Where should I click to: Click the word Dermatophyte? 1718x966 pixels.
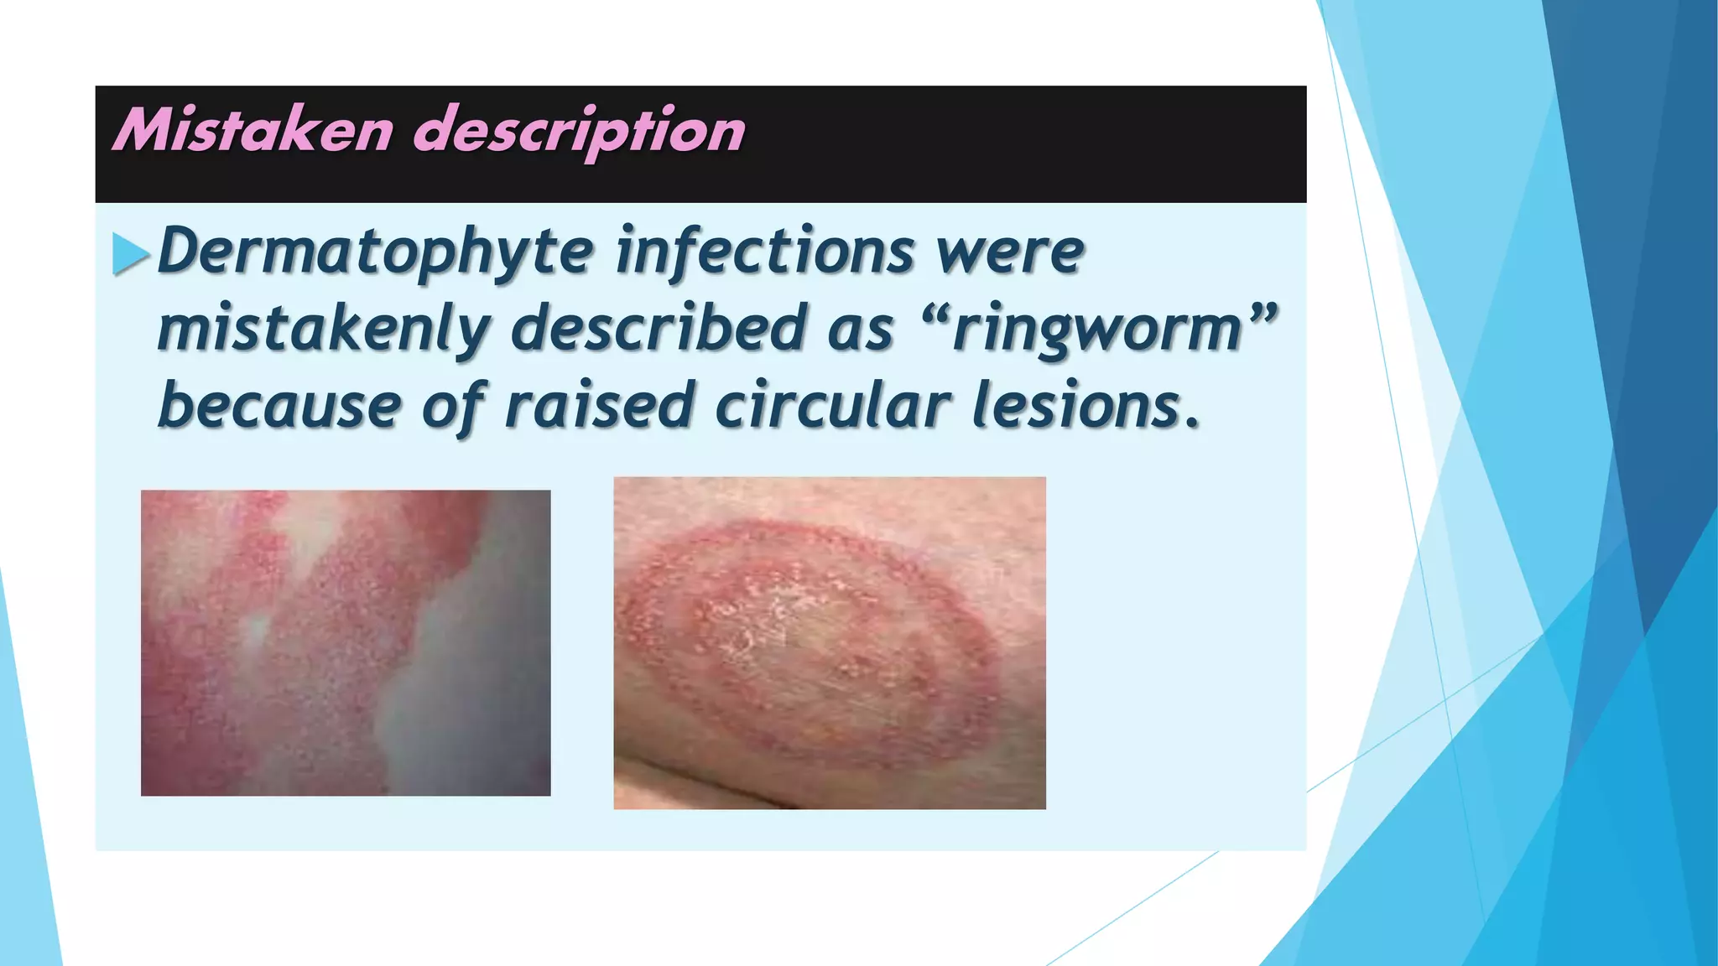(x=375, y=252)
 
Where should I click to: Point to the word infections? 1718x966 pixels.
(x=764, y=252)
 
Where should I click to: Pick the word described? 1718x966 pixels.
(x=659, y=328)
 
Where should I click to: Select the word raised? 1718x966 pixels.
(x=599, y=407)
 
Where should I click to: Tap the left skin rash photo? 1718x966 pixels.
(x=346, y=643)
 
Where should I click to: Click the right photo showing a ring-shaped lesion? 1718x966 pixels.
(x=830, y=643)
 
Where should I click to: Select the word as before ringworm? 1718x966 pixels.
(x=861, y=330)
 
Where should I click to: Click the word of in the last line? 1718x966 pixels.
(x=454, y=407)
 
